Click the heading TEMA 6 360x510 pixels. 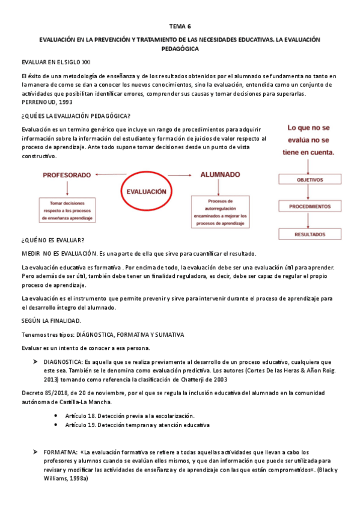click(x=180, y=26)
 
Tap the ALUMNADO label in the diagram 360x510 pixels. click(x=221, y=174)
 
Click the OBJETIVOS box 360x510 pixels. click(x=310, y=179)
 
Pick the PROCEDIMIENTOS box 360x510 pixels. click(x=310, y=206)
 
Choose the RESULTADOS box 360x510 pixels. click(x=310, y=234)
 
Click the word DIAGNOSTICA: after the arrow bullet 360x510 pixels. click(x=63, y=361)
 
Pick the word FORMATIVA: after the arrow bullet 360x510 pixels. click(x=61, y=452)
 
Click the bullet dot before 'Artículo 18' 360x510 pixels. click(x=55, y=416)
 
